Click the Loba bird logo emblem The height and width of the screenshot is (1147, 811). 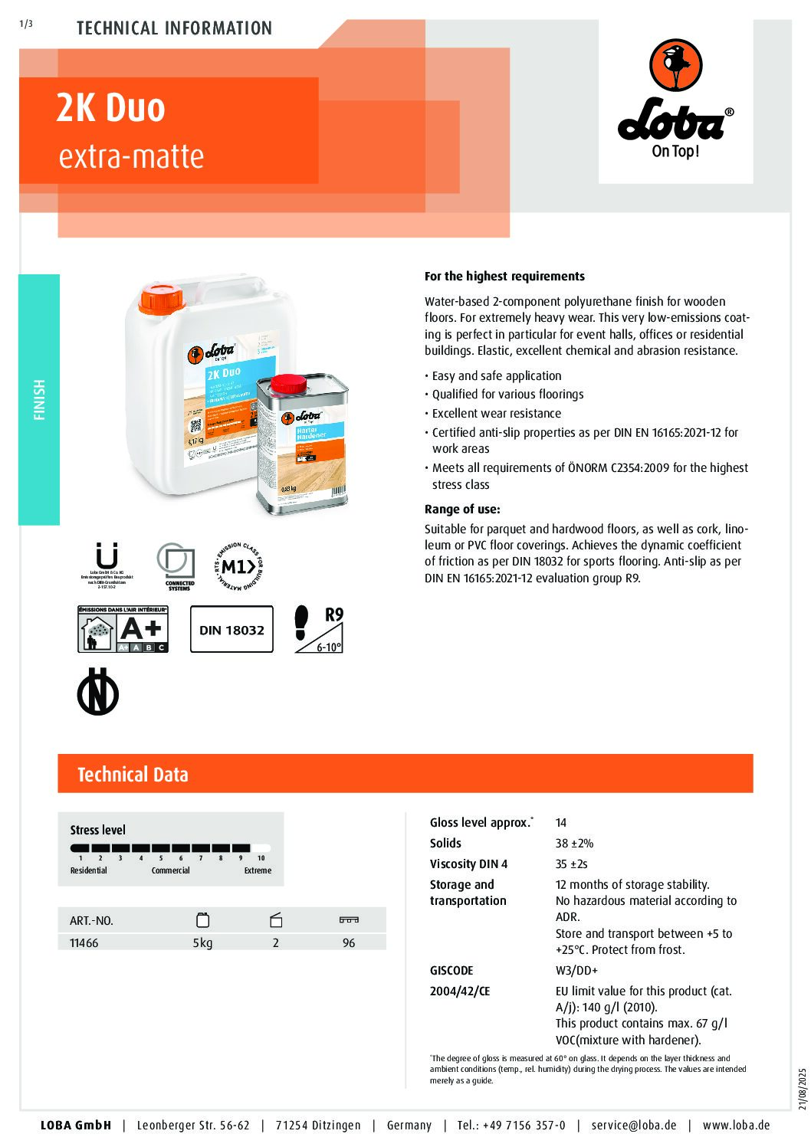click(x=675, y=65)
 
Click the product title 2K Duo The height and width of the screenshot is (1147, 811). click(x=110, y=108)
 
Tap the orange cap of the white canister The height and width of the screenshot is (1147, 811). click(x=162, y=300)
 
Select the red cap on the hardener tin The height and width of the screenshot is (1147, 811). click(x=289, y=383)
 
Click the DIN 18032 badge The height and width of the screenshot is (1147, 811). click(x=231, y=630)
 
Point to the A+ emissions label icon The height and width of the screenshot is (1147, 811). click(x=123, y=629)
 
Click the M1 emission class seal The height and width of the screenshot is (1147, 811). click(x=238, y=567)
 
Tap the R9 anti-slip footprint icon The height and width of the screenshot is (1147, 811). click(x=319, y=629)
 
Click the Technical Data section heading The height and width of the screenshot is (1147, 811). click(x=133, y=775)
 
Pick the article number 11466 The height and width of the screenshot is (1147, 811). click(x=84, y=943)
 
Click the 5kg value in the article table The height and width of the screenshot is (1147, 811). click(x=202, y=943)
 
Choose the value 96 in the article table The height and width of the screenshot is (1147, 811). click(x=349, y=943)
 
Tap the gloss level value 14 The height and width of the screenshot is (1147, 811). click(x=561, y=823)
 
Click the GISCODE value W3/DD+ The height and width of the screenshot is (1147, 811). click(x=576, y=971)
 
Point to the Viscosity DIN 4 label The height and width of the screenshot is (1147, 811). click(x=468, y=864)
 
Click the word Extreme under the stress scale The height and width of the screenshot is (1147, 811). click(x=258, y=871)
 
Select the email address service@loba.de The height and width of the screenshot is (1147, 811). click(x=634, y=1126)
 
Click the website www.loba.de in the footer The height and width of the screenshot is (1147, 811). click(x=736, y=1126)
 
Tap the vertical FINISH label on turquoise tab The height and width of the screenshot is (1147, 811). click(x=39, y=399)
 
